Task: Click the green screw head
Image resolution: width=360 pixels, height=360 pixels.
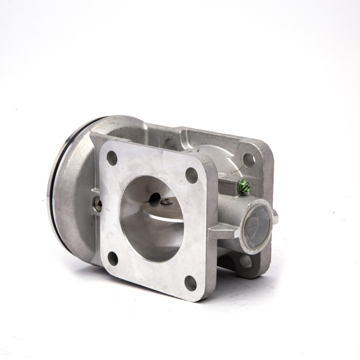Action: point(243,185)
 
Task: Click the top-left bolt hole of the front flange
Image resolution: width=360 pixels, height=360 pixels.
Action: point(112,158)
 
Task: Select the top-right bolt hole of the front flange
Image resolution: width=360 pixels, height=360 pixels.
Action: point(192,175)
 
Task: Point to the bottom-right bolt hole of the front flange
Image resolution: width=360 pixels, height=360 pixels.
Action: point(191,283)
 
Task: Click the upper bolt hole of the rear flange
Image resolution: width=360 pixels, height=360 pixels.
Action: point(248,159)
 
